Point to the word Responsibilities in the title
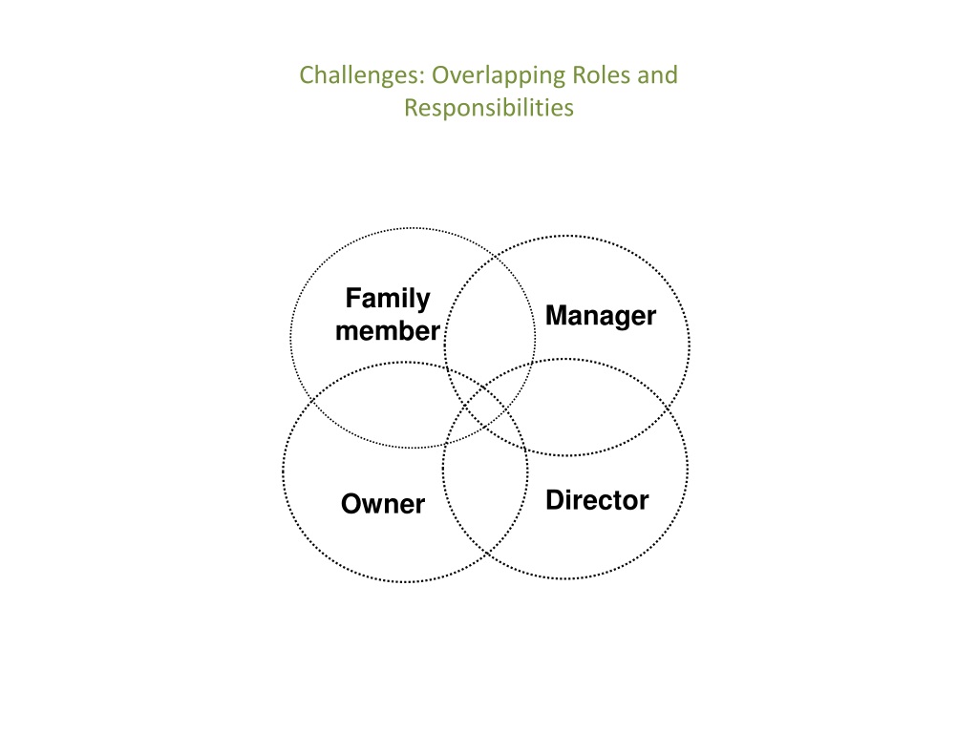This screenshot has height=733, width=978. point(489,108)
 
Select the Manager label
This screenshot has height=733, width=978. point(601,316)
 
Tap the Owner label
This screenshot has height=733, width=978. point(383,504)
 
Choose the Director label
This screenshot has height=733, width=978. point(597,500)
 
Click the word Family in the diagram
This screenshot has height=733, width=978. point(388,299)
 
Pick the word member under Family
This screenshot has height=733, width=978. point(388,331)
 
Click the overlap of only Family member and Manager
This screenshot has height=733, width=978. point(491,312)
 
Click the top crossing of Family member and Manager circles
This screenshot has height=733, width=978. point(496,255)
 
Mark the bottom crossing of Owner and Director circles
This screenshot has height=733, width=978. point(487,554)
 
